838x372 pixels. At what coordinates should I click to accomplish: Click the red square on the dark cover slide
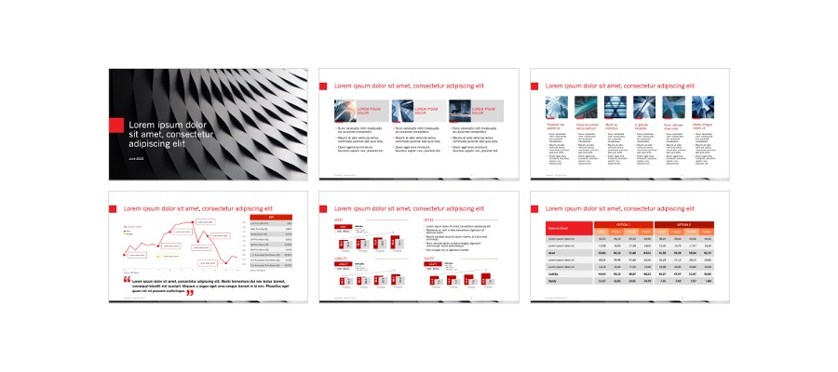[116, 126]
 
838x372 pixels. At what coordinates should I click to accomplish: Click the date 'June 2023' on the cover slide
[136, 160]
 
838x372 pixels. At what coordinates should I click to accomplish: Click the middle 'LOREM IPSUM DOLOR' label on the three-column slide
[426, 110]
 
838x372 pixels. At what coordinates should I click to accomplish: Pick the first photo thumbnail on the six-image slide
[554, 106]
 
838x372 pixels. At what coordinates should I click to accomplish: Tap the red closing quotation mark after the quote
[190, 292]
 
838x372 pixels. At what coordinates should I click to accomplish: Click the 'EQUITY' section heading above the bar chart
[432, 259]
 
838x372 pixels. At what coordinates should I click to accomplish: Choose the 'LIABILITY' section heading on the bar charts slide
[341, 259]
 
